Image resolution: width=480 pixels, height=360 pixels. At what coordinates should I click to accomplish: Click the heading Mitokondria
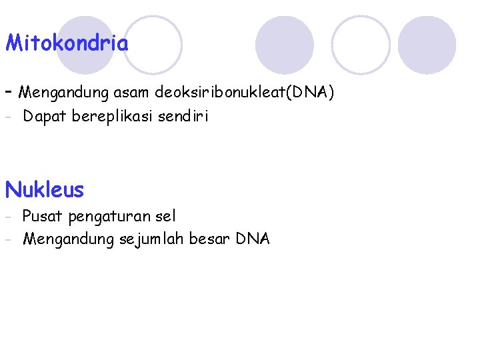pyautogui.click(x=67, y=44)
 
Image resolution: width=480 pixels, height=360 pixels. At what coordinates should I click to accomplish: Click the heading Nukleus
pyautogui.click(x=45, y=190)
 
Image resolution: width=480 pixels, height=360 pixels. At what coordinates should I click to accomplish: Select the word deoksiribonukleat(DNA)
pyautogui.click(x=244, y=92)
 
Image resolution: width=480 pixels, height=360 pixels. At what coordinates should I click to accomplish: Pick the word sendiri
pyautogui.click(x=183, y=117)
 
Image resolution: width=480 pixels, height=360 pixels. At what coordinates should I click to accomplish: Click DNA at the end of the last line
pyautogui.click(x=253, y=239)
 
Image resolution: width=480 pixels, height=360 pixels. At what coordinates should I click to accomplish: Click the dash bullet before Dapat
pyautogui.click(x=9, y=117)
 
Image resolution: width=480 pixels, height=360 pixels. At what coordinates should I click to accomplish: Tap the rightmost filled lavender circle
pyautogui.click(x=427, y=45)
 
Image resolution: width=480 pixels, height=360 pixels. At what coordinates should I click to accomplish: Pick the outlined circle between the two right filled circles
pyautogui.click(x=361, y=45)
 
